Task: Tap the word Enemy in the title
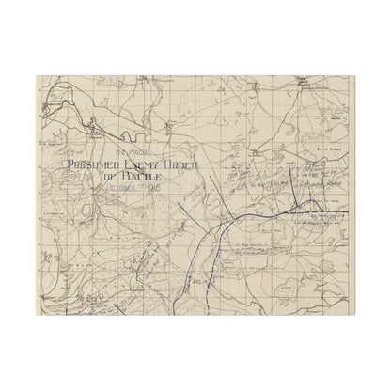pos(143,169)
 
